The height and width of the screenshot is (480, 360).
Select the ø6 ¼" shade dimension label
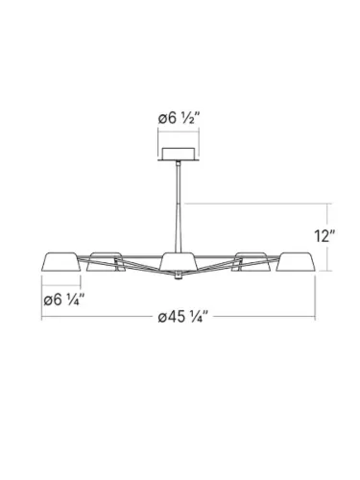click(65, 300)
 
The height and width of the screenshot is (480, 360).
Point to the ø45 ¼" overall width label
click(181, 319)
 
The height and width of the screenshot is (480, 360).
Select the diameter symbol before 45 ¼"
click(160, 319)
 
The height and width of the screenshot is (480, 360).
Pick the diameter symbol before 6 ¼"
click(49, 300)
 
